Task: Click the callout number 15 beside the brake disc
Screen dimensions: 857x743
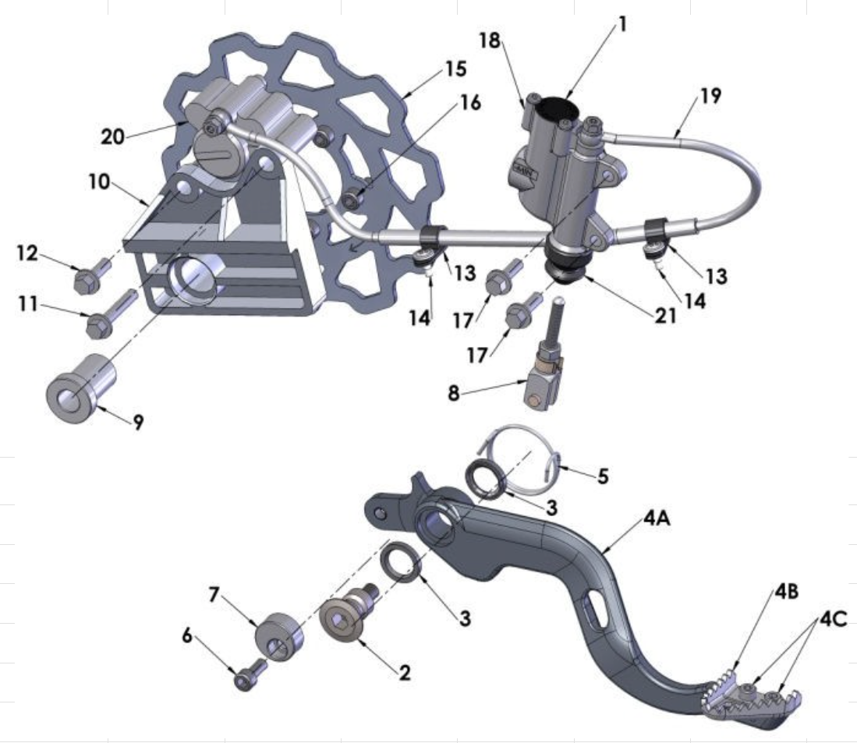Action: [x=456, y=69]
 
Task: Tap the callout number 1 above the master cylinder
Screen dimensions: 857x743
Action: [x=622, y=24]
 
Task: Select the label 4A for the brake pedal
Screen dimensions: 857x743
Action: [x=657, y=518]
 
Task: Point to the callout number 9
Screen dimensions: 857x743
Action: [x=138, y=422]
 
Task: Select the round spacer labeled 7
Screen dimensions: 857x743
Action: [x=279, y=636]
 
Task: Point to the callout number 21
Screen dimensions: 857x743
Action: [x=665, y=315]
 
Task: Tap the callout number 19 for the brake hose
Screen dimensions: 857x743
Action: [x=710, y=96]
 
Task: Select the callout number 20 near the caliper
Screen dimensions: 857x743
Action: [x=112, y=136]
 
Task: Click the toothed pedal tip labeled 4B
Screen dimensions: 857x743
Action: [x=721, y=688]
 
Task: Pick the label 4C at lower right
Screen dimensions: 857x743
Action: [x=833, y=619]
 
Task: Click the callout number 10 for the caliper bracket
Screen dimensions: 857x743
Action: [x=100, y=182]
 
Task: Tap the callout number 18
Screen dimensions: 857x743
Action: [x=490, y=40]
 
